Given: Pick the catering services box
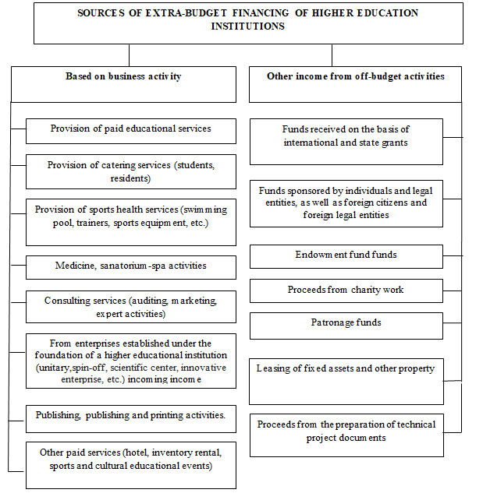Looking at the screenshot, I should point(130,171).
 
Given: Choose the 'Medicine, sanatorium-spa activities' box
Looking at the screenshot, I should point(130,266).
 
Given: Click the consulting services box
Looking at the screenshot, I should point(130,307).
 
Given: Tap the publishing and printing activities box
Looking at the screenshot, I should point(130,416).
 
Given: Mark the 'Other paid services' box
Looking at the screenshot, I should point(130,459).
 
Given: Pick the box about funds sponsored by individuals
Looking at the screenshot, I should point(346,202).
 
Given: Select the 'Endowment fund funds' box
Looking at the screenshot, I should point(346,255).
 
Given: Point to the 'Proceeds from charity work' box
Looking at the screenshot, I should point(346,291).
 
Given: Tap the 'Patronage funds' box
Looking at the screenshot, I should point(346,322).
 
